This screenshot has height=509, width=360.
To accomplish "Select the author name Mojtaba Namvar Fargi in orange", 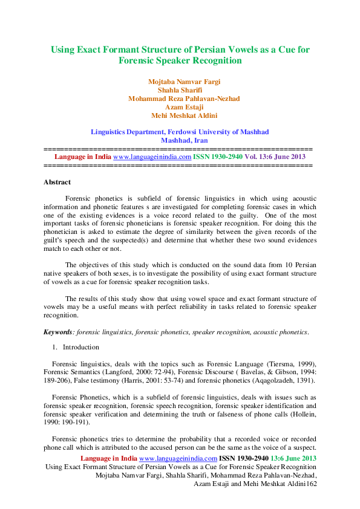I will [x=180, y=82].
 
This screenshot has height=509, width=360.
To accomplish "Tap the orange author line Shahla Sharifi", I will [x=180, y=90].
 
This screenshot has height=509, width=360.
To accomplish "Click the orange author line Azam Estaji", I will [x=180, y=106].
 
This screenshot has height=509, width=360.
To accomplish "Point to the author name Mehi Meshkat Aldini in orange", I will [x=180, y=115].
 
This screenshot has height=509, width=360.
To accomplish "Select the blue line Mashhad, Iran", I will [x=180, y=140].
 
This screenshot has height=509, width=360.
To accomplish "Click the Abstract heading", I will [x=57, y=182].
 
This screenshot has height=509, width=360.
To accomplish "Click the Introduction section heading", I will [x=81, y=348].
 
